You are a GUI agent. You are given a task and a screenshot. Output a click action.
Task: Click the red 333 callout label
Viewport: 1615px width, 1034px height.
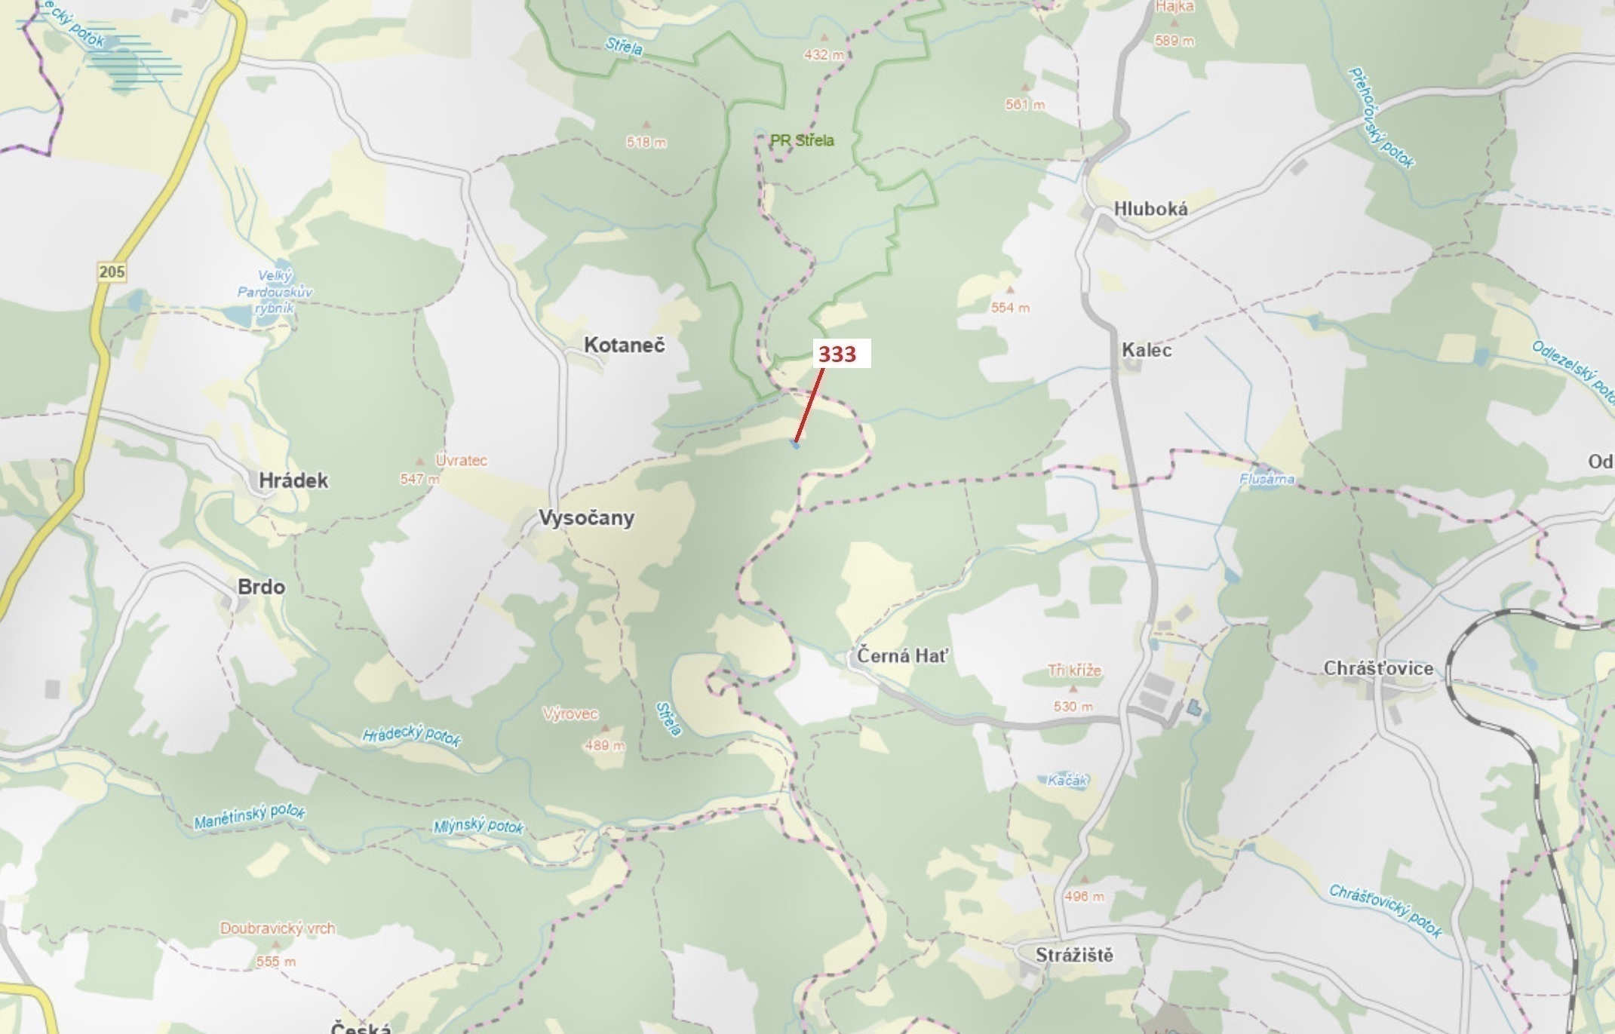click(837, 354)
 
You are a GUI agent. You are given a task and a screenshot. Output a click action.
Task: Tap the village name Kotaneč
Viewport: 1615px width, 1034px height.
click(624, 345)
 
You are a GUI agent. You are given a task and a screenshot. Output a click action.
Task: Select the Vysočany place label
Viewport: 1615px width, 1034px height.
click(586, 518)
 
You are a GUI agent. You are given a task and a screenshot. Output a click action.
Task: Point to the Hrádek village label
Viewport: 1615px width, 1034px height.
click(293, 480)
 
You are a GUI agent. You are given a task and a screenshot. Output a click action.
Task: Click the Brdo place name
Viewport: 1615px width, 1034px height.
click(261, 587)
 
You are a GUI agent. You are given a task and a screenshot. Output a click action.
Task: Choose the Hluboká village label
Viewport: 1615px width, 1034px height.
click(1150, 209)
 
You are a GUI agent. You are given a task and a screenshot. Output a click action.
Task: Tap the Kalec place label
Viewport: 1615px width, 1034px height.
click(1147, 350)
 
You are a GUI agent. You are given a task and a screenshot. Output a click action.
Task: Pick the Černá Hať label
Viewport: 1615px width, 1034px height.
click(902, 656)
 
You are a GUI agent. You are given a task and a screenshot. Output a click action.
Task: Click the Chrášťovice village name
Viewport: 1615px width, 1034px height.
click(1378, 669)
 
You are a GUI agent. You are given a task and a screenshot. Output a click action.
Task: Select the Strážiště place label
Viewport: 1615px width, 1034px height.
click(1074, 956)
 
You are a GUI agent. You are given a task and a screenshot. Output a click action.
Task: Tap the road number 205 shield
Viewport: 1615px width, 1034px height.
click(112, 272)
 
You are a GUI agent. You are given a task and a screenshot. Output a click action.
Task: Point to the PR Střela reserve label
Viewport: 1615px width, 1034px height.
click(802, 140)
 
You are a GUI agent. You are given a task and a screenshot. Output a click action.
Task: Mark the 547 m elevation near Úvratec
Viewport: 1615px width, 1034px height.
click(419, 479)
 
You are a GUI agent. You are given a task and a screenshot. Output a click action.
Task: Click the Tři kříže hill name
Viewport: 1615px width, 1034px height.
click(1074, 670)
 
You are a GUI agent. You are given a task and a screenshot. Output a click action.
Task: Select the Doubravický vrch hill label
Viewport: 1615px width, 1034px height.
click(278, 928)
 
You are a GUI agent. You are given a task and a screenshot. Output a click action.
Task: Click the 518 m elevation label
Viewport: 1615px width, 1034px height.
click(646, 142)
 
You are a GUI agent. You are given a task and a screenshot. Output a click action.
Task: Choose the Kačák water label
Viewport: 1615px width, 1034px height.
click(1067, 781)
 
